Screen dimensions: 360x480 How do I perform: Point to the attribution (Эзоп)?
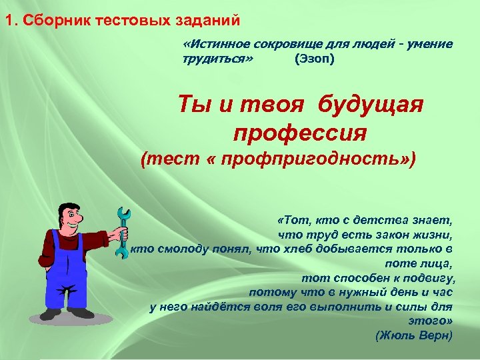click(x=315, y=59)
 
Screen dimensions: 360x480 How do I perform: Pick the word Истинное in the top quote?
click(x=217, y=44)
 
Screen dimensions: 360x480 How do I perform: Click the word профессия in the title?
click(x=300, y=132)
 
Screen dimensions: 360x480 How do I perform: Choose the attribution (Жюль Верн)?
click(x=414, y=335)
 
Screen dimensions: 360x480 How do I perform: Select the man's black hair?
click(x=66, y=203)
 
